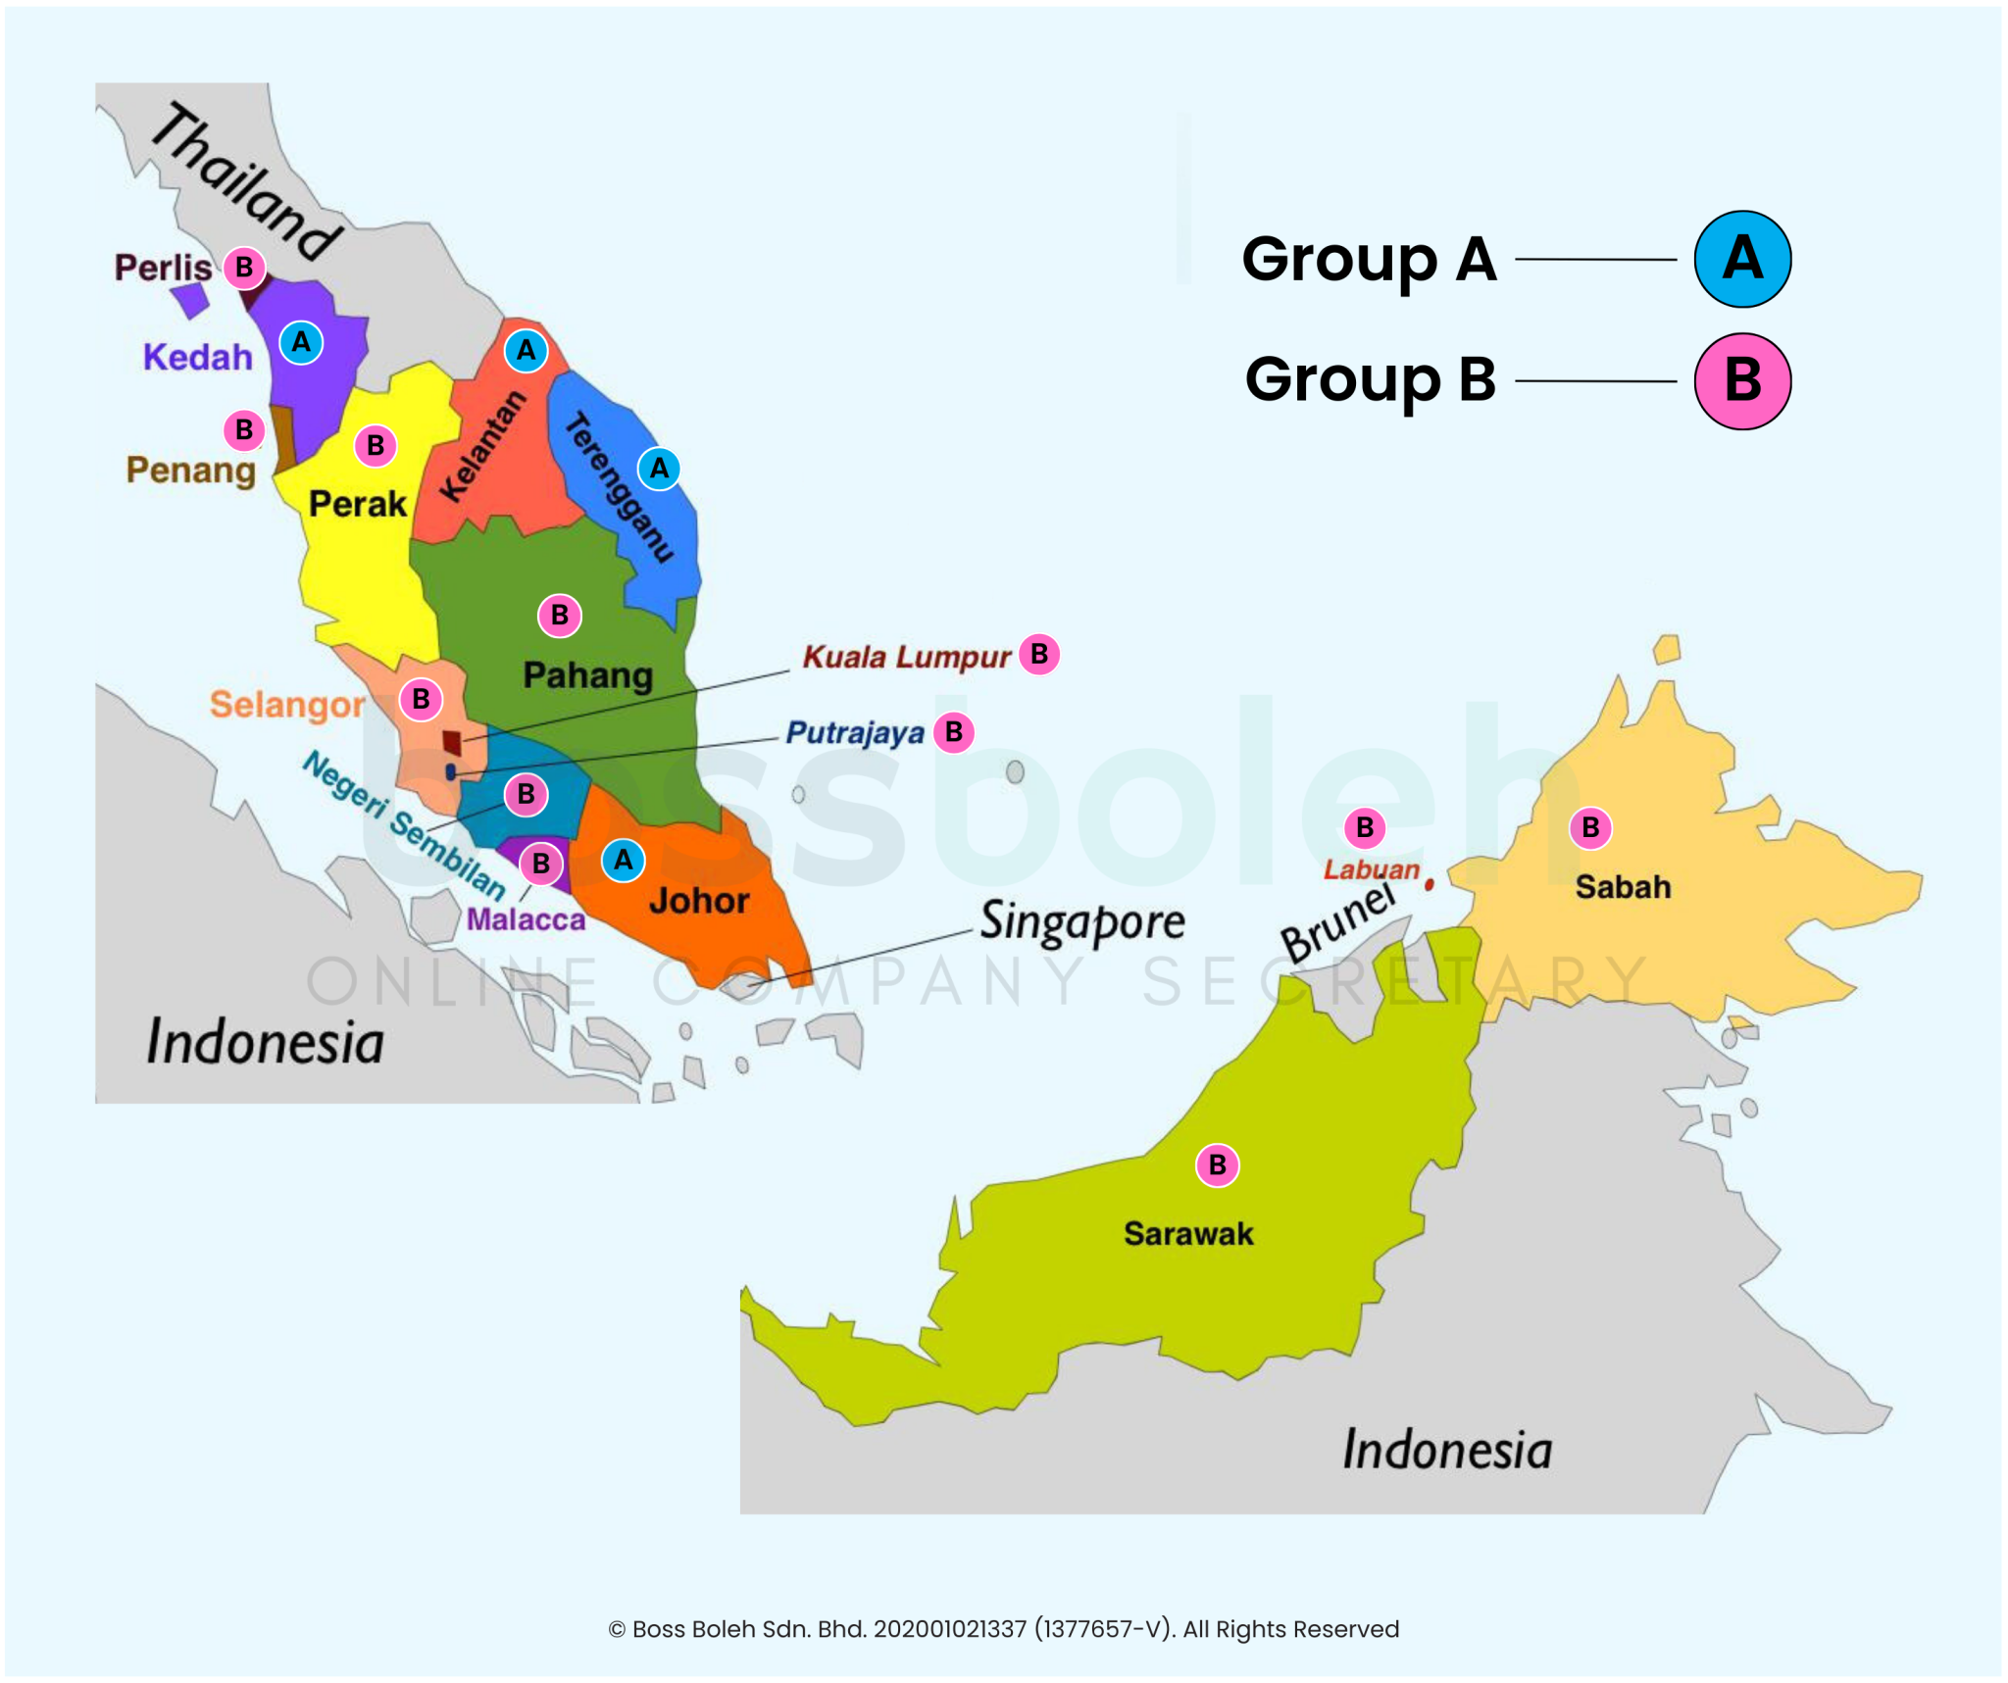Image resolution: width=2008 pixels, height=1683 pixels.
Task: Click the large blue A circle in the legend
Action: (1741, 259)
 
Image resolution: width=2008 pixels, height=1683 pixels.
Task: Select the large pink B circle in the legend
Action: (1741, 380)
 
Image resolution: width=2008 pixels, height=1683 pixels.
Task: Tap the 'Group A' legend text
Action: (1368, 260)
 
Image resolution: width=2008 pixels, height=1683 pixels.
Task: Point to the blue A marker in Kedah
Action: (301, 342)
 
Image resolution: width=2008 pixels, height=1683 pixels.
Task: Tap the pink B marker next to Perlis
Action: (244, 267)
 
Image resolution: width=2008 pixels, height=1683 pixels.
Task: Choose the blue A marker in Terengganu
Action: (659, 469)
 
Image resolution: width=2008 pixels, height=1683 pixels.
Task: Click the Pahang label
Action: (587, 675)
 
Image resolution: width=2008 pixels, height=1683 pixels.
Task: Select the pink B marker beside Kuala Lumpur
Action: (1038, 654)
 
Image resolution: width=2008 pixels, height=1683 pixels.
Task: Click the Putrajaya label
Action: (855, 733)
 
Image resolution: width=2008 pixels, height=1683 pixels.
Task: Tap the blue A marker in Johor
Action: (623, 861)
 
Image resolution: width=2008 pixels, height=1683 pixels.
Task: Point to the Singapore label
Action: (1081, 921)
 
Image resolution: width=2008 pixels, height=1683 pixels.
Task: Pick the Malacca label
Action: (526, 919)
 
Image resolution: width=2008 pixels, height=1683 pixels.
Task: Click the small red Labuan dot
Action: (1429, 884)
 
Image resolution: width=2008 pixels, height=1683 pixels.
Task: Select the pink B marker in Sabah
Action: (1589, 828)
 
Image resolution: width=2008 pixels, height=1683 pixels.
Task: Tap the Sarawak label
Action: (1187, 1233)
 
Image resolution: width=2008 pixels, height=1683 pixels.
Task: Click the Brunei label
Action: (1337, 922)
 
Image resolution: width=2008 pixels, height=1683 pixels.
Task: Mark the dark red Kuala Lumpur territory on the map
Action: (452, 742)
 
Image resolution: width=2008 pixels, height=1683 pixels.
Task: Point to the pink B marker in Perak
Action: (375, 446)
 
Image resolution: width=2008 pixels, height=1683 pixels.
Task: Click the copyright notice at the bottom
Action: (1003, 1628)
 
